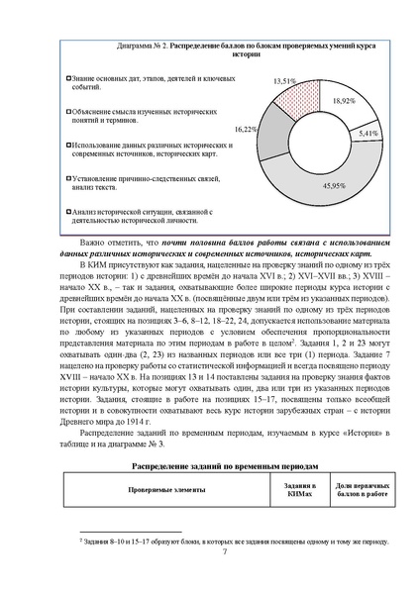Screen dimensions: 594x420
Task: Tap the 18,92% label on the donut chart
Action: [x=343, y=101]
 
